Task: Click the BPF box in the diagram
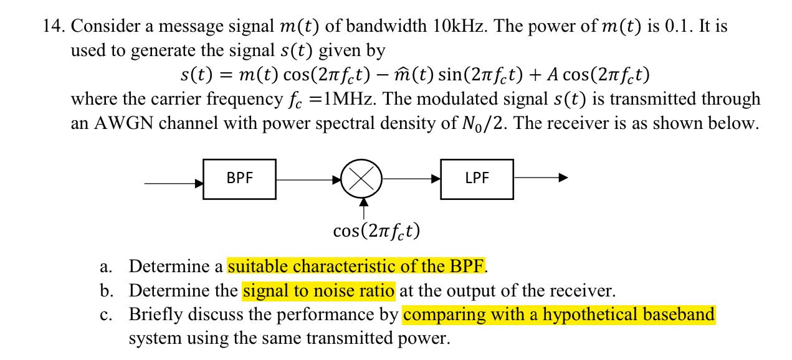240,178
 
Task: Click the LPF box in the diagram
477,178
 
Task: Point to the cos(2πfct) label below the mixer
376,231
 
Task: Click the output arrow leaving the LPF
540,178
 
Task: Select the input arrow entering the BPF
174,183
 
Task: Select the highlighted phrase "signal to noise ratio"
318,290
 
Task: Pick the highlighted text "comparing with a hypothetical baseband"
559,315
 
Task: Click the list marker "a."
105,267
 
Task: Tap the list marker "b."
106,291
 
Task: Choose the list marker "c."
105,315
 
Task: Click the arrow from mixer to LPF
411,178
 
